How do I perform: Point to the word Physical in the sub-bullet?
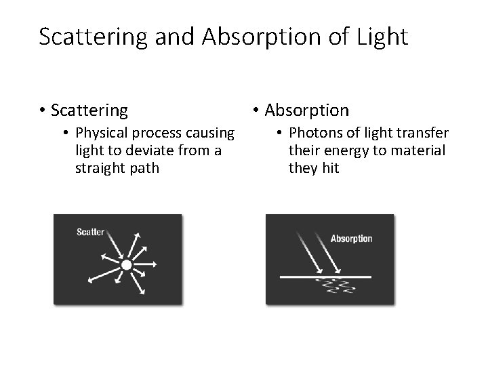tap(100, 132)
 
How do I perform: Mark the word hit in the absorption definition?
tap(329, 167)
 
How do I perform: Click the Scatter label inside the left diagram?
tap(90, 232)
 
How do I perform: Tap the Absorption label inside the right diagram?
tap(351, 239)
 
